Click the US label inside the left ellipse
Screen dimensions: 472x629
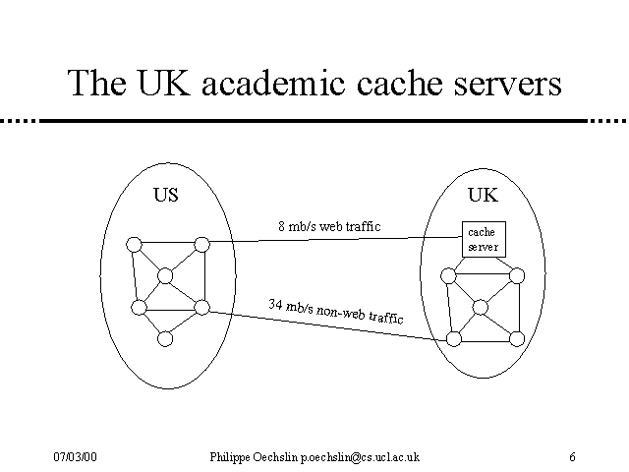(166, 195)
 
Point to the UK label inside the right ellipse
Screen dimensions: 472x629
(483, 195)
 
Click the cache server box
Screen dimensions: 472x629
(483, 239)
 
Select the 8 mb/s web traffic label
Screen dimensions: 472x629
(328, 227)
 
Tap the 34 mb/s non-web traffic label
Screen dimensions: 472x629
(335, 311)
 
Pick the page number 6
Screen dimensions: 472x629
(572, 457)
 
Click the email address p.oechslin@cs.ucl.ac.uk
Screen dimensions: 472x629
(360, 457)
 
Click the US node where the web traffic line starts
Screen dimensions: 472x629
(201, 244)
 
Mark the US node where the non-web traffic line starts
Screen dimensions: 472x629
(201, 308)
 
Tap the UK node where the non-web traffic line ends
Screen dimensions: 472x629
(454, 338)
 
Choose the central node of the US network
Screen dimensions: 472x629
(165, 276)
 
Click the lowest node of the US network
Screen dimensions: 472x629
(165, 338)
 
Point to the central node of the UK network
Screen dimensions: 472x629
(481, 308)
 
